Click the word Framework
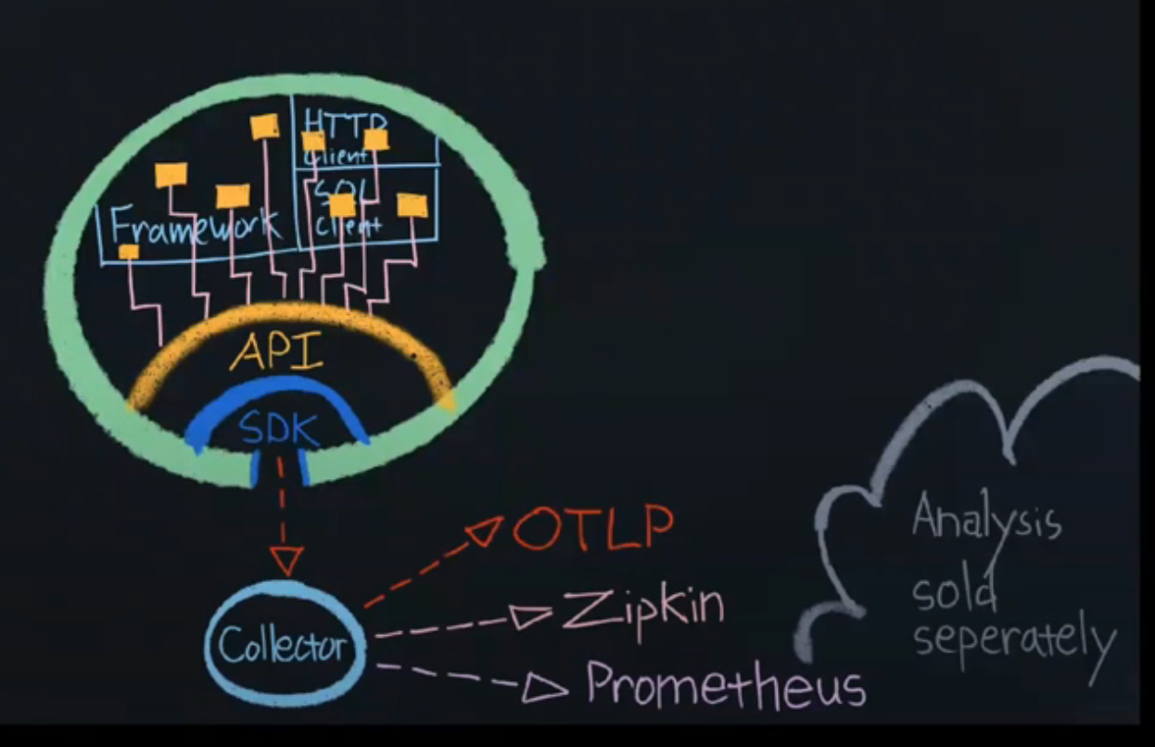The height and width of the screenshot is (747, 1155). coord(194,225)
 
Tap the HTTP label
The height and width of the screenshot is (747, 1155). coord(343,123)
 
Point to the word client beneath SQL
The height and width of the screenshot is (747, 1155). coord(348,225)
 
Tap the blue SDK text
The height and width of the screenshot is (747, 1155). coord(278,428)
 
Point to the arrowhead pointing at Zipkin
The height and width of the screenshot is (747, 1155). coord(531,616)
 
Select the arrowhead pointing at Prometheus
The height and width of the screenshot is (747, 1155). coord(543,688)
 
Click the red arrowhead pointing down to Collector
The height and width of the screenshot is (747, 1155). coord(286,560)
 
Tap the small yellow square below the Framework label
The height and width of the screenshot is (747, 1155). coord(129,251)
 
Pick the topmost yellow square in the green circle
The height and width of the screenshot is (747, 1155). coord(265,126)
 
